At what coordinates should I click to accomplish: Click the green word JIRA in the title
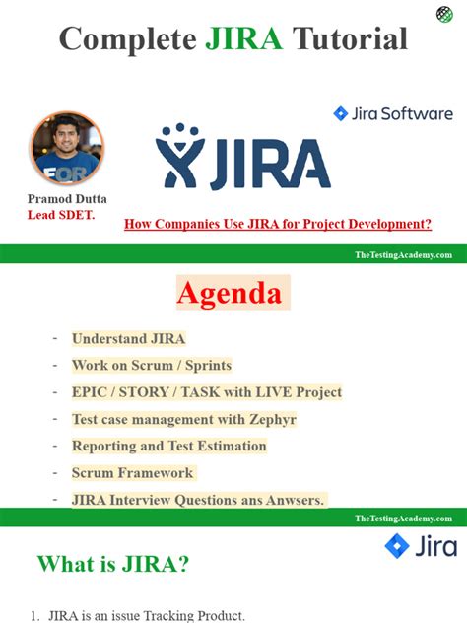click(x=244, y=38)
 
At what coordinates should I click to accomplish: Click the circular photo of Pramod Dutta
click(x=66, y=148)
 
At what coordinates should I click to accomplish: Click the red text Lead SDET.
click(x=61, y=215)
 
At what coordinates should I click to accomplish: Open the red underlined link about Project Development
click(x=277, y=224)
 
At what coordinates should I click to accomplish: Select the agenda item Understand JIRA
click(x=128, y=338)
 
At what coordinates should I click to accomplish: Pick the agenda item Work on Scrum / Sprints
click(x=151, y=365)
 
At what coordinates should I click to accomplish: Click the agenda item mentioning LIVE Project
click(x=206, y=391)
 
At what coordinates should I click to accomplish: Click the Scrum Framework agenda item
click(x=133, y=472)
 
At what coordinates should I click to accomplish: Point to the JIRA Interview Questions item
click(x=198, y=499)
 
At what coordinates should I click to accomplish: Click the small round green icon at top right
click(x=445, y=14)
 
